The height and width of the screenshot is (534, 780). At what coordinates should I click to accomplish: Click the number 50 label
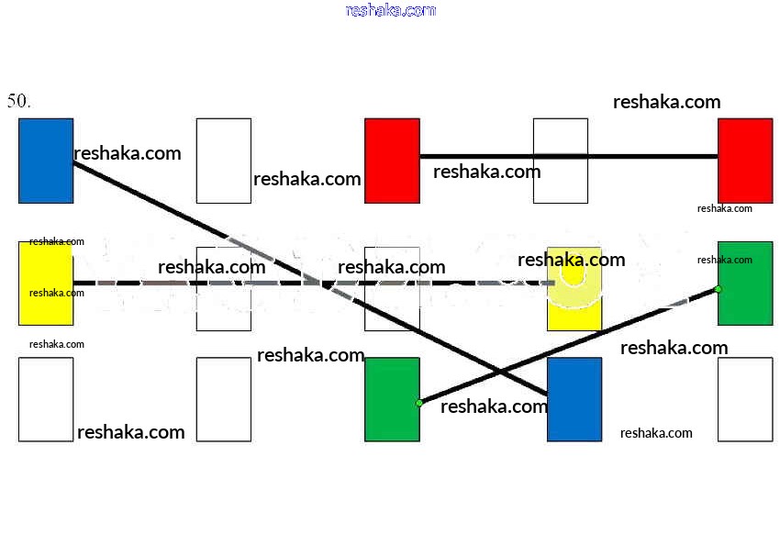(19, 101)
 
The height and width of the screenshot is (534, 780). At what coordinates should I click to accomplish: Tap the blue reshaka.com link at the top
(390, 10)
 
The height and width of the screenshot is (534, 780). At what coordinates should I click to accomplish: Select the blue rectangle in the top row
(46, 161)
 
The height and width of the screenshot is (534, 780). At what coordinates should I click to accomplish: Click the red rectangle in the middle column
(392, 161)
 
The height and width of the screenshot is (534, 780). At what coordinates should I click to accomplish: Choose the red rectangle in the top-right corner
(745, 161)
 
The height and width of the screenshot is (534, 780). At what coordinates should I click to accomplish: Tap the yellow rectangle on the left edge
(46, 283)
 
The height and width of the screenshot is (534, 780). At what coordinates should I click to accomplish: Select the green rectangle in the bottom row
(392, 399)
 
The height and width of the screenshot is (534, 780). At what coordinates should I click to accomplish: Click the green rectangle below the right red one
(745, 283)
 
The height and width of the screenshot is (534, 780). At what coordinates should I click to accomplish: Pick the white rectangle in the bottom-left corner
(46, 399)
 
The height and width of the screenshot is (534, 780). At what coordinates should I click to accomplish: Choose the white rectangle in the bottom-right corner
(745, 399)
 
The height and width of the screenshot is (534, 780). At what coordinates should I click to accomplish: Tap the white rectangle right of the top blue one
(224, 161)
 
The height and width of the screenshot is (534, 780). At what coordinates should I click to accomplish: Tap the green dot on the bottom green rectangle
(419, 403)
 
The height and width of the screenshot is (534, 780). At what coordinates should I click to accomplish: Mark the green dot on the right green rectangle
(718, 289)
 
